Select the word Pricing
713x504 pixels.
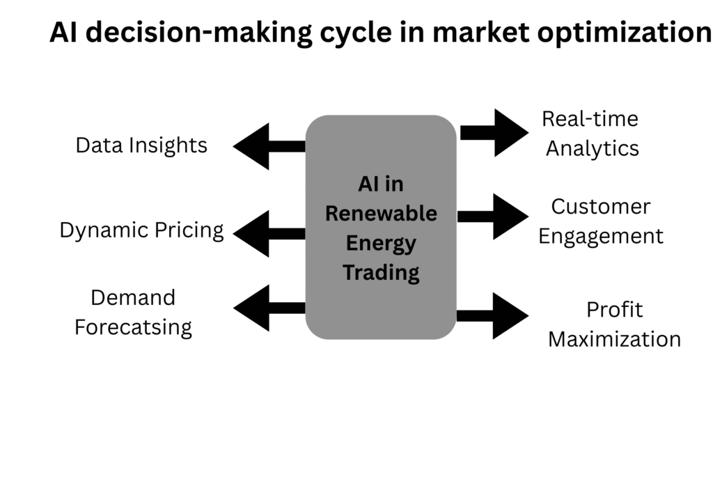(x=187, y=230)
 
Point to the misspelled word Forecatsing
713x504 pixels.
(x=133, y=327)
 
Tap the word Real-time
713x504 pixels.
(x=590, y=119)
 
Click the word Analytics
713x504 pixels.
(x=592, y=148)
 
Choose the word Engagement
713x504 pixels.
(x=601, y=236)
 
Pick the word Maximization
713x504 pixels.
(x=614, y=339)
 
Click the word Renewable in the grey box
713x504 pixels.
(x=381, y=213)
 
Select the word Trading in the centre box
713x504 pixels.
(x=381, y=272)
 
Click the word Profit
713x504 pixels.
(x=614, y=310)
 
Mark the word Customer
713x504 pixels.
(x=601, y=207)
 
